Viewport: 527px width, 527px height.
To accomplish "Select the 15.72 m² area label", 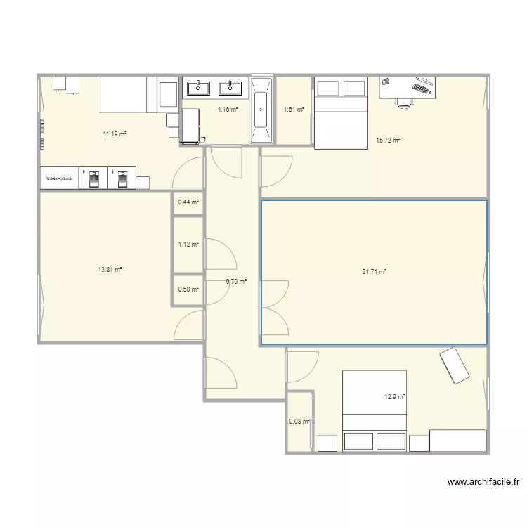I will point(388,141).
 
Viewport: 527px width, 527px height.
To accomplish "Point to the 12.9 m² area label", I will point(395,397).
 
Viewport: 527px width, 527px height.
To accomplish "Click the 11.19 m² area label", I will point(115,134).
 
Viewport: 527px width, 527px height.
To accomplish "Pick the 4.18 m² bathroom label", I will point(227,110).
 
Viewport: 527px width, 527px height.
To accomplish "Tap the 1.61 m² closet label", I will point(294,110).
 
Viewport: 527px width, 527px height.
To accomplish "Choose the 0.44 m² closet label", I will point(188,202).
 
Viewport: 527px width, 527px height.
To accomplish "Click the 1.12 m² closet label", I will point(188,245).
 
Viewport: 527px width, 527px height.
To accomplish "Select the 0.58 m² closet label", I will point(188,289).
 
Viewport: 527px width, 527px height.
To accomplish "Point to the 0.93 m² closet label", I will point(299,422).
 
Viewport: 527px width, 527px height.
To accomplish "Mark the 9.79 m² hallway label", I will point(236,282).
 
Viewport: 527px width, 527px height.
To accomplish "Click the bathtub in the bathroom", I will point(261,110).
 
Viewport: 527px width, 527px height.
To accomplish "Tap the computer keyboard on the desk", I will point(422,87).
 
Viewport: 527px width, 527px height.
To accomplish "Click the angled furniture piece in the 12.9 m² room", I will point(455,365).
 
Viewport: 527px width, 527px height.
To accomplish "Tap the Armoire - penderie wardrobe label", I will point(60,178).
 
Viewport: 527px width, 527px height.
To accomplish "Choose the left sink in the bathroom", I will point(198,88).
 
